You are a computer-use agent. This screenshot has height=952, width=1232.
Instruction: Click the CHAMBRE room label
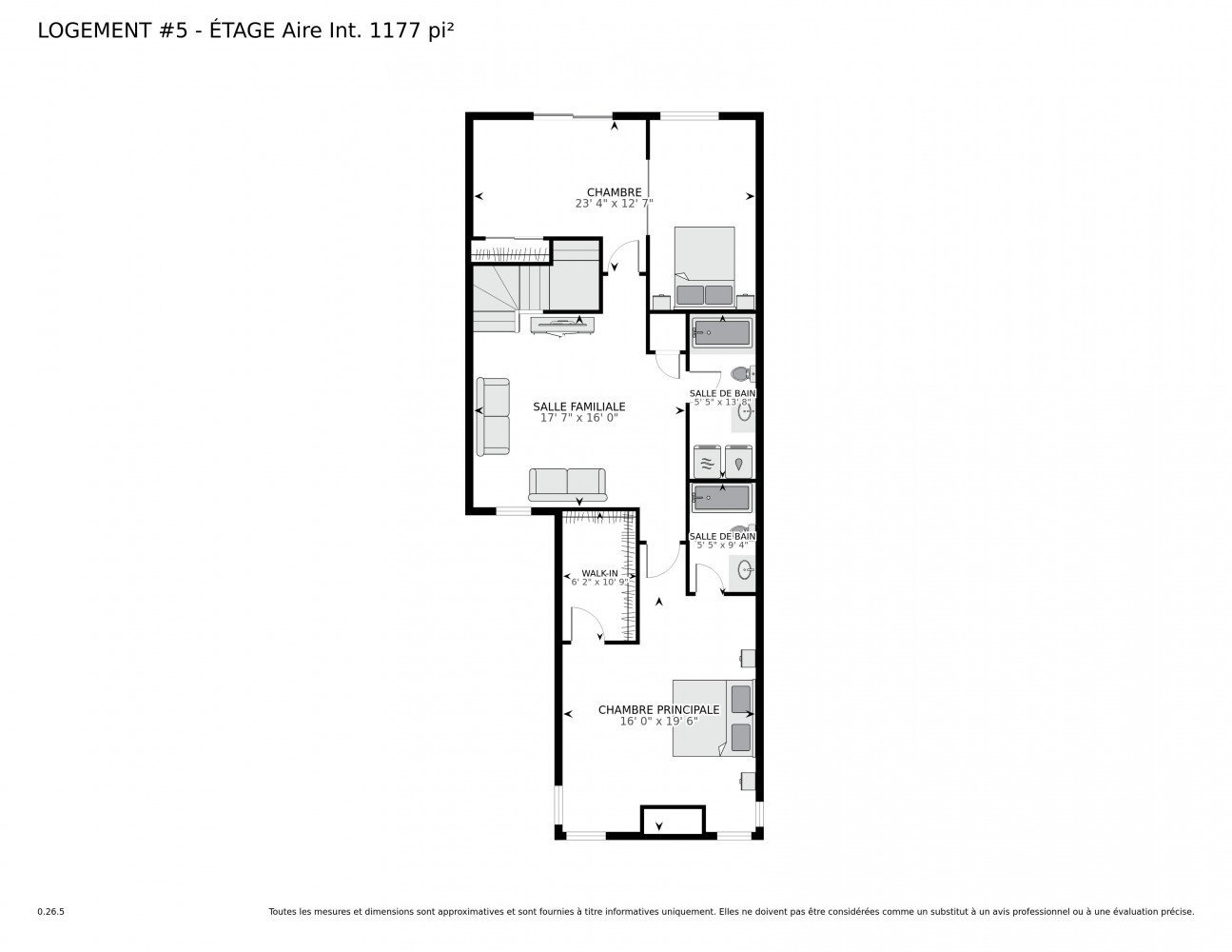click(x=614, y=192)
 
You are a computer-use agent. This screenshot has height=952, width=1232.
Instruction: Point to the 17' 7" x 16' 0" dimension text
click(x=578, y=418)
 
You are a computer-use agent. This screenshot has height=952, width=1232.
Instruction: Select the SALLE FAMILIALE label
click(x=578, y=407)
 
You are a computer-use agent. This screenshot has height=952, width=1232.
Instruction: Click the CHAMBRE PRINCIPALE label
click(x=658, y=709)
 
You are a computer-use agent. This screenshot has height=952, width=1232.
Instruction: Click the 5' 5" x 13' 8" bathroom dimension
click(x=722, y=402)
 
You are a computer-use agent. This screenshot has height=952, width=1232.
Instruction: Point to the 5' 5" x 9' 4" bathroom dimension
click(x=722, y=545)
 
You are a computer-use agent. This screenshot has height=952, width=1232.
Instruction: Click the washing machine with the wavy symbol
click(x=706, y=462)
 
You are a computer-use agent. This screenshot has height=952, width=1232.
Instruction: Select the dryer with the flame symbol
click(x=738, y=462)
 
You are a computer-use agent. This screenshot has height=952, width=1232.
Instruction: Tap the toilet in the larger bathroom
click(x=742, y=374)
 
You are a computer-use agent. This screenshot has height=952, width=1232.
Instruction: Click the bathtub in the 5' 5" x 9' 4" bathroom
click(x=722, y=498)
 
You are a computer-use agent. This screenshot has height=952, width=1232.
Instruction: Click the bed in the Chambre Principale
click(x=714, y=718)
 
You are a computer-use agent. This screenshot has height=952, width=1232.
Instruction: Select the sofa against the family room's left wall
click(x=493, y=416)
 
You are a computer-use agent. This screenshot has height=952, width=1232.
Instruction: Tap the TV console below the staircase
click(x=562, y=326)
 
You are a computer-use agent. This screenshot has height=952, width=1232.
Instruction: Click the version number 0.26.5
click(x=51, y=912)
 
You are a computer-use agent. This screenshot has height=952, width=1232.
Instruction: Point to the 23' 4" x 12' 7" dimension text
click(x=614, y=203)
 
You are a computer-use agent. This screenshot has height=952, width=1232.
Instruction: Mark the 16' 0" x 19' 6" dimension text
click(x=658, y=721)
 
